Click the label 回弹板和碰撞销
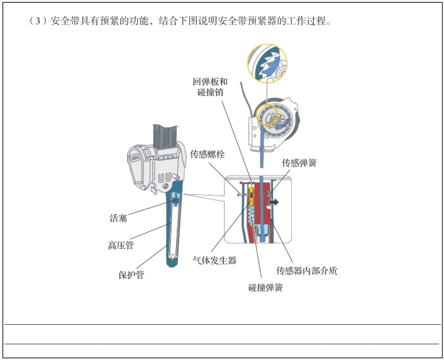pos(210,87)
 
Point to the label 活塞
pos(118,219)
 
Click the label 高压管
pos(120,246)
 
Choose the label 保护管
pos(131,274)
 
